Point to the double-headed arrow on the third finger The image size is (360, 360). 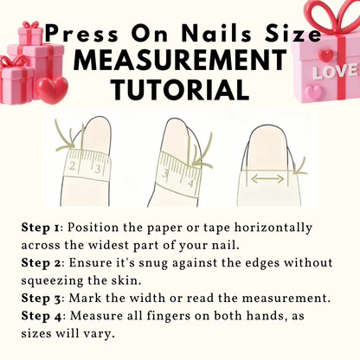tap(267, 179)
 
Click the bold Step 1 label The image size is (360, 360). tap(41, 228)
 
